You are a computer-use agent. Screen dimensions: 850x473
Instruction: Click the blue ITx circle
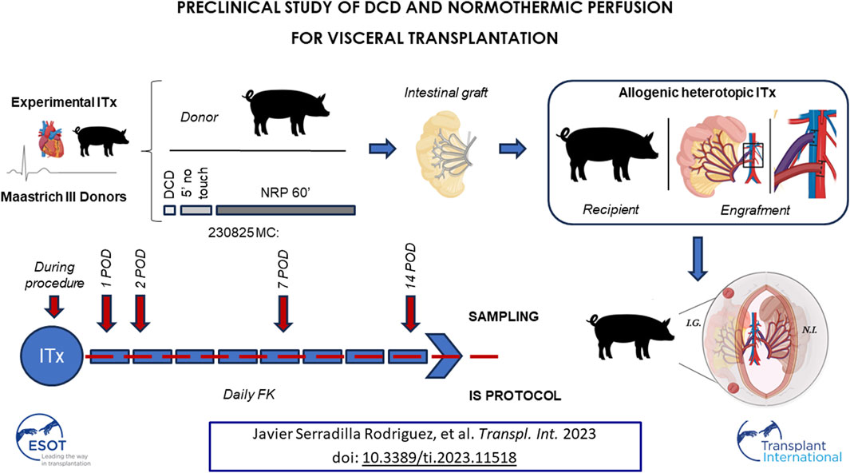coord(52,356)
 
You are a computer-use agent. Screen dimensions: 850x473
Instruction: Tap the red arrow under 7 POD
coord(283,313)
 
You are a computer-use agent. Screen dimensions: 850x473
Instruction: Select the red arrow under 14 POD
coord(411,313)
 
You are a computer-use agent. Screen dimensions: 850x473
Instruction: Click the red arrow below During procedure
coord(53,307)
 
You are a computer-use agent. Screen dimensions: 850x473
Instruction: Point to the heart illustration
coord(51,138)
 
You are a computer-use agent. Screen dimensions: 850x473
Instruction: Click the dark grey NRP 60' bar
coord(286,210)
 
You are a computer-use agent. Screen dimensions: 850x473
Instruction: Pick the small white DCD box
coord(170,210)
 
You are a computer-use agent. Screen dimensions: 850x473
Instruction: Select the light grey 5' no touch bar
coord(196,210)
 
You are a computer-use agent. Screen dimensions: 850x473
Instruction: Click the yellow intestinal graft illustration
coord(445,153)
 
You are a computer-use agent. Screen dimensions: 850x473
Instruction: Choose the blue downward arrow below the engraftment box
coord(698,258)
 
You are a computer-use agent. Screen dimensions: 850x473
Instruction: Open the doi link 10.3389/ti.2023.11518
coord(439,457)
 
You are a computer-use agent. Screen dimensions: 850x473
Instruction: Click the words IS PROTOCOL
coord(515,395)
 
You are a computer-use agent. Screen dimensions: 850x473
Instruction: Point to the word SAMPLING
coord(504,316)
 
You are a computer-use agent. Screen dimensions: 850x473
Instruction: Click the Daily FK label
coord(249,395)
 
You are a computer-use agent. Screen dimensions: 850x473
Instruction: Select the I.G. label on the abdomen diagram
coord(694,324)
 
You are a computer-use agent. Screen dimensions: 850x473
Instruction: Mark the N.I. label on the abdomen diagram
coord(809,329)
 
